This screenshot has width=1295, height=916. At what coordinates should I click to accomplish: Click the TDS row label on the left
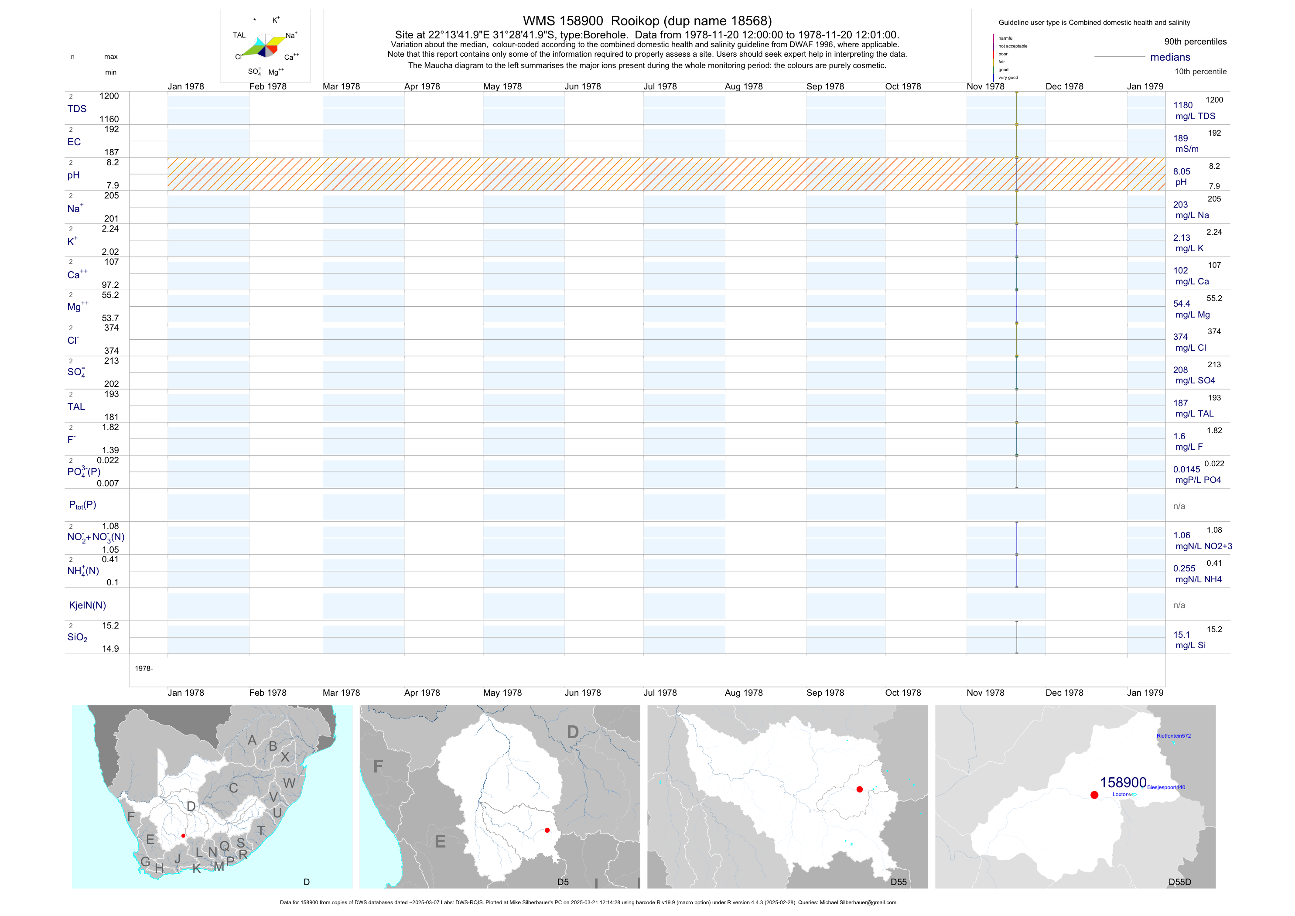coord(77,109)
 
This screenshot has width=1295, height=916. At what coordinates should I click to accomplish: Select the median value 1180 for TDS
coord(1183,106)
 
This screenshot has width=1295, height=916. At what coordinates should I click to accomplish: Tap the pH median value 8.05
coord(1182,171)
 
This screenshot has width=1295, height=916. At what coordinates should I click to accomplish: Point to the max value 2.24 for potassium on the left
coord(110,229)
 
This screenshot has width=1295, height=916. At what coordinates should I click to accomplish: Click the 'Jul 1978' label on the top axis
coord(660,86)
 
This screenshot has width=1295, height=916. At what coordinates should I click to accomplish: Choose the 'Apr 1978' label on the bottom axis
coord(422,693)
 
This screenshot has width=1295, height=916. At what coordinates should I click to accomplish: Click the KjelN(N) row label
coord(87,605)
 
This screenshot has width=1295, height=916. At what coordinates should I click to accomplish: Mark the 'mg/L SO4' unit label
coord(1195,381)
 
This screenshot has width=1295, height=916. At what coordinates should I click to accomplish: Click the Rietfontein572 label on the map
coord(1174,736)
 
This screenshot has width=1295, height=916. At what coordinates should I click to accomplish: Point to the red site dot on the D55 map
coord(860,790)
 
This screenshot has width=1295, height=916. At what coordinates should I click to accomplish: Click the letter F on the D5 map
coord(378,766)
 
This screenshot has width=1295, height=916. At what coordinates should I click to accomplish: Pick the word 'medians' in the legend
coord(1170,57)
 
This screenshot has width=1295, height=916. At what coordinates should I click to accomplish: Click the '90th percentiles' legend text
coord(1195,42)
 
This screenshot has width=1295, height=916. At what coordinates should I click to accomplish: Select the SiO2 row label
coord(77,637)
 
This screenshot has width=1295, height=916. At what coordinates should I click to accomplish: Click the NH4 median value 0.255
coord(1184,568)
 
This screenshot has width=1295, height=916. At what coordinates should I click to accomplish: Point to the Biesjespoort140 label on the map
coord(1166,787)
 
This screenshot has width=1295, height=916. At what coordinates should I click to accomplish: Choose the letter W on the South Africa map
coord(289,783)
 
